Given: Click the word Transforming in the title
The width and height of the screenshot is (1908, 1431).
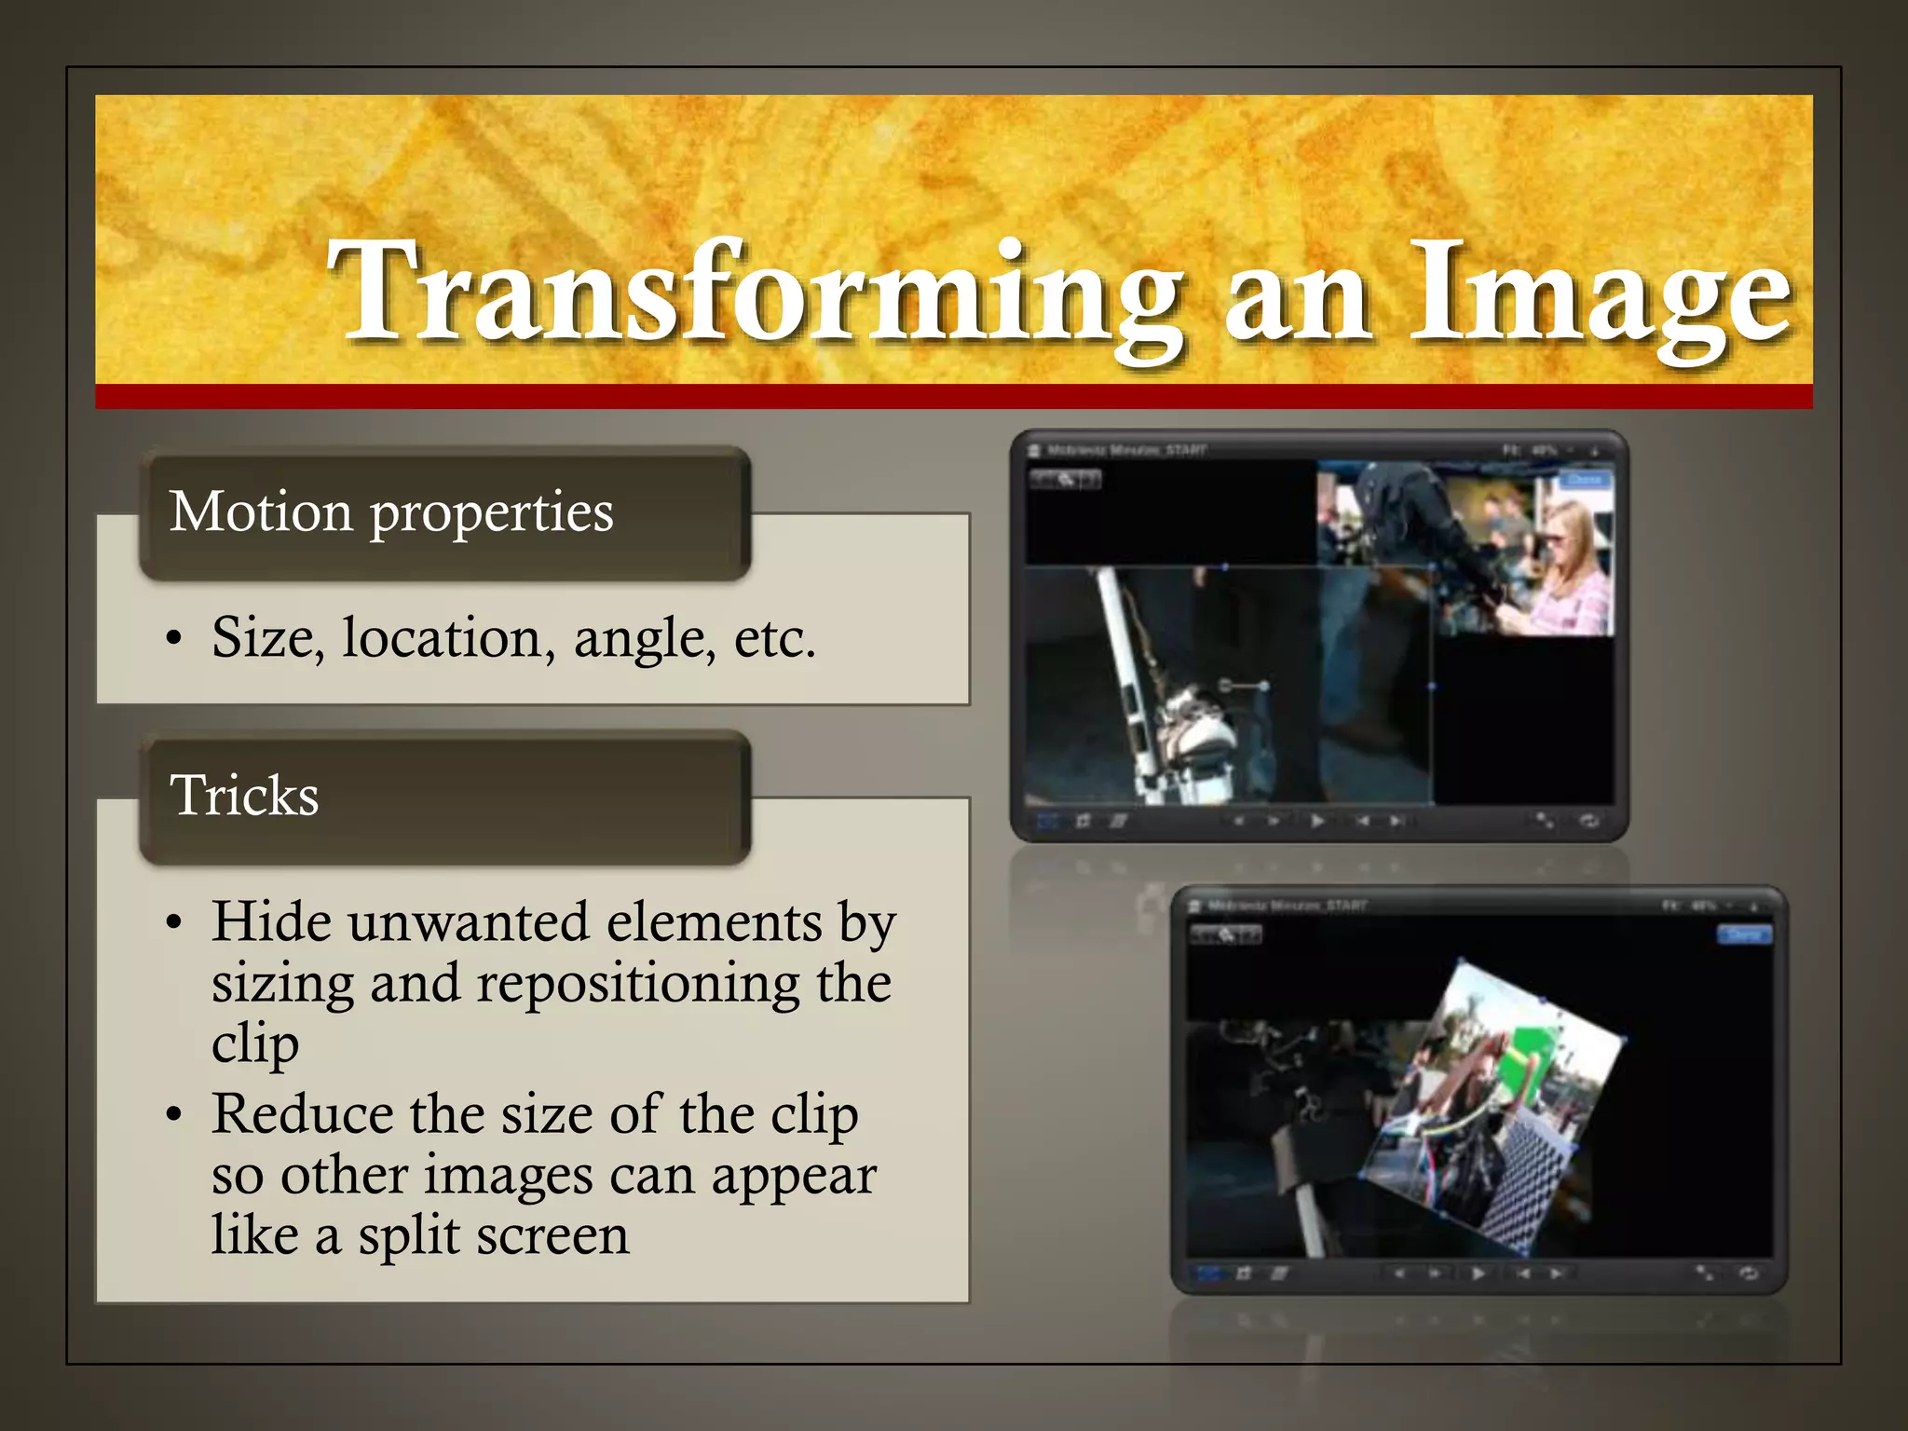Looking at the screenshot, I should [x=755, y=291].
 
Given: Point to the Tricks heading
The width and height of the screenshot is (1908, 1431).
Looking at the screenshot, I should [x=244, y=796].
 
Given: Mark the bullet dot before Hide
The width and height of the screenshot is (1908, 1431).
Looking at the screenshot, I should [x=173, y=924].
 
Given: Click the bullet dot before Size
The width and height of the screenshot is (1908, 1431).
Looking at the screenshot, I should [x=173, y=640].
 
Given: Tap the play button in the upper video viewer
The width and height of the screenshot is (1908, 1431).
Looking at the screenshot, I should [x=1316, y=821].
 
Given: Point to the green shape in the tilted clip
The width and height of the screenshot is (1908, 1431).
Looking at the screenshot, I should [x=1529, y=1061].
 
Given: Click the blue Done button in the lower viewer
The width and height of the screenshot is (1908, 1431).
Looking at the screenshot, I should [x=1743, y=934].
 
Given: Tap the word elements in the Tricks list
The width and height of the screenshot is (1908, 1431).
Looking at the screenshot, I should [x=715, y=922].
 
